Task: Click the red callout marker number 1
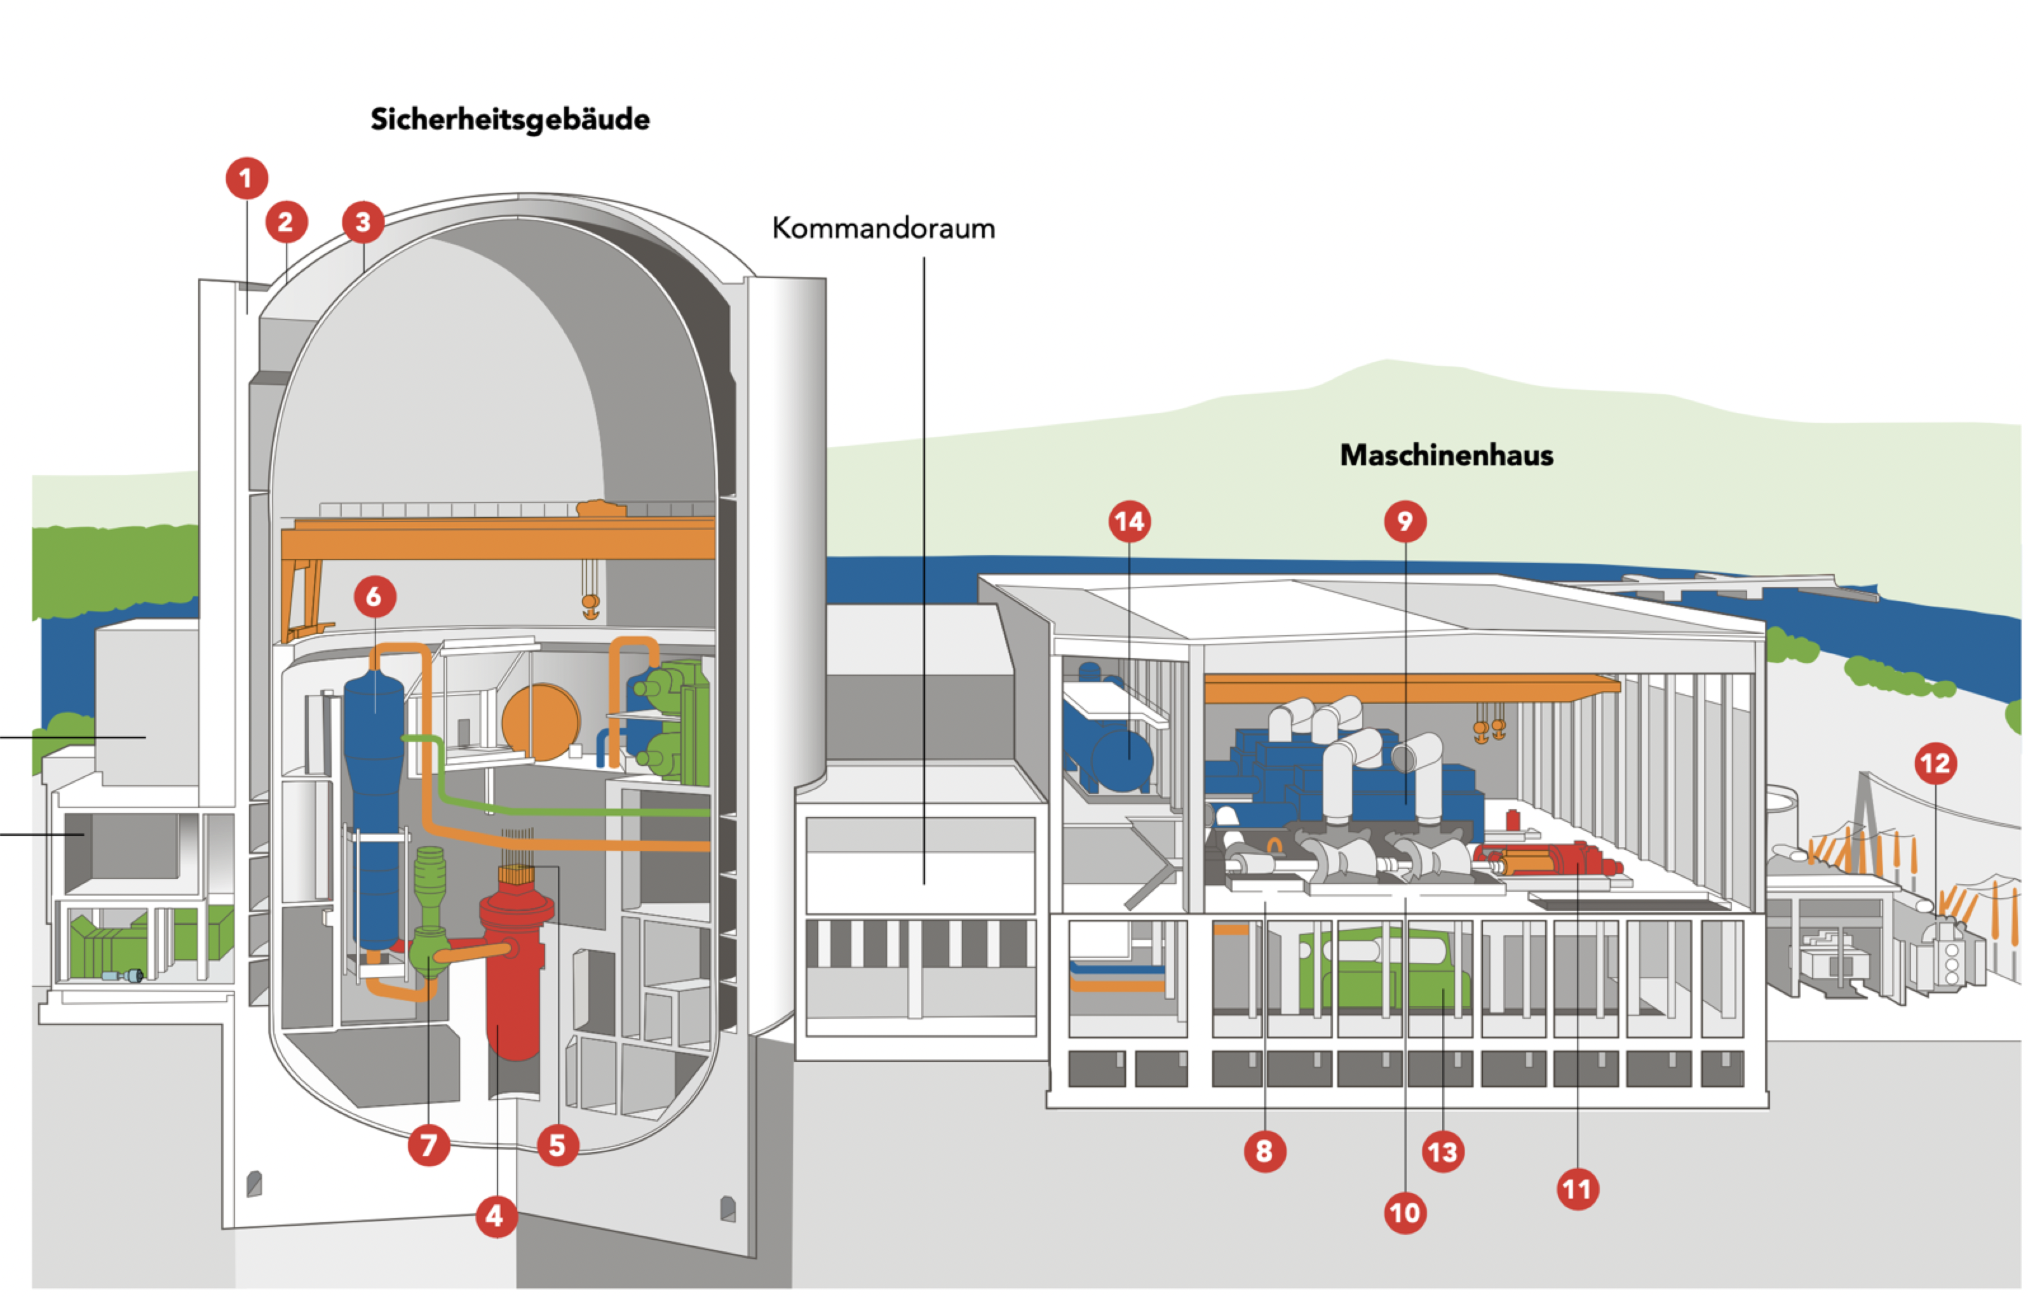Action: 246,178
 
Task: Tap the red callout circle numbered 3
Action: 363,222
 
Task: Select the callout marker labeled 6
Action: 375,596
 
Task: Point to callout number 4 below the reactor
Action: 496,1215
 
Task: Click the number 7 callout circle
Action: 429,1145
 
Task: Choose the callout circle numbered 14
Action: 1130,521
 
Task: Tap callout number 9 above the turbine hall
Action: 1405,521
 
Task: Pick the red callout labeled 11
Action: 1578,1189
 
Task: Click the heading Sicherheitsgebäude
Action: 510,119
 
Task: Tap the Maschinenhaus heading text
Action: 1446,455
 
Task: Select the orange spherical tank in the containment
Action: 541,721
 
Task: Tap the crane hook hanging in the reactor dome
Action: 590,605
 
